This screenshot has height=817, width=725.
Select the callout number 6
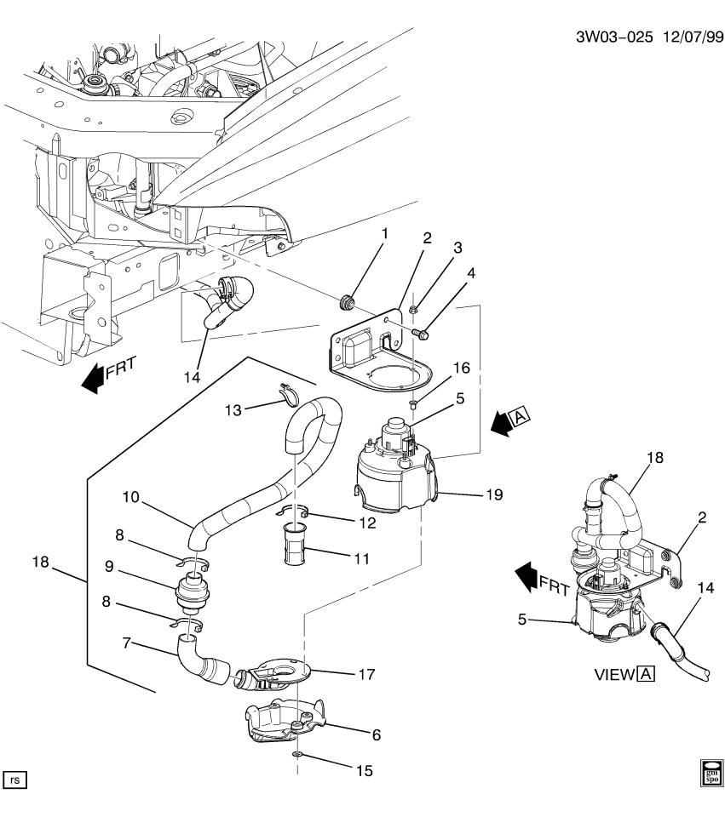click(x=375, y=734)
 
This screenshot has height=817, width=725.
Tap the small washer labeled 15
click(x=296, y=754)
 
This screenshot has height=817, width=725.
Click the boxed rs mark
click(x=15, y=778)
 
